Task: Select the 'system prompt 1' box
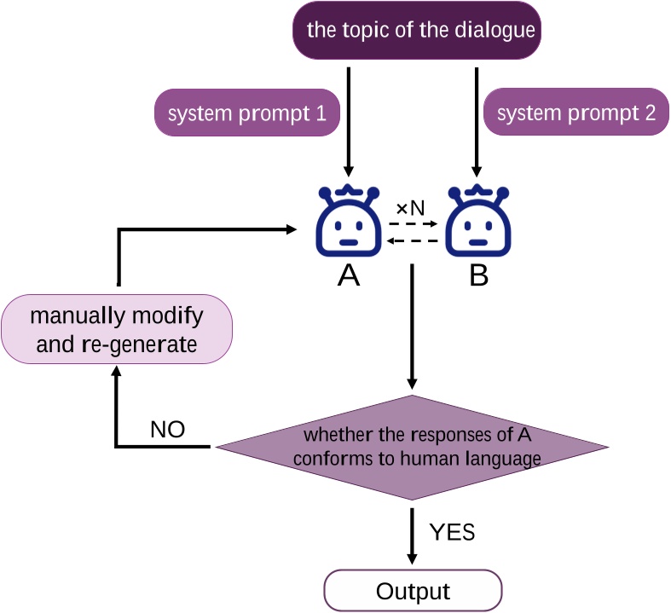click(247, 113)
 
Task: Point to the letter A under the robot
click(348, 276)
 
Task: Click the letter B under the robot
click(477, 276)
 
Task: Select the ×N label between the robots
click(410, 208)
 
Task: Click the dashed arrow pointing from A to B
click(413, 225)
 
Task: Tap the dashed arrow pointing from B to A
click(413, 241)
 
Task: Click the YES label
click(452, 533)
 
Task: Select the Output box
click(413, 591)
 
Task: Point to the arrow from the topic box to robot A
click(348, 119)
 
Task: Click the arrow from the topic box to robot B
click(477, 119)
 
